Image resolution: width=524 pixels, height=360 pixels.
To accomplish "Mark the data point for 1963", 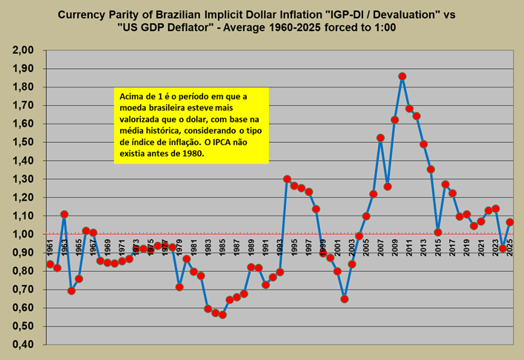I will (64, 214).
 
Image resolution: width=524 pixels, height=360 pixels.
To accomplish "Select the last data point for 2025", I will (510, 222).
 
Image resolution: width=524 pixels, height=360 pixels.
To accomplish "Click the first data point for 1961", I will (50, 264).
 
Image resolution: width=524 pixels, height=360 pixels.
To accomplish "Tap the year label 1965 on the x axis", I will (79, 246).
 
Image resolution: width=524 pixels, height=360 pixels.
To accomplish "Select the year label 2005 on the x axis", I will (365, 246).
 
